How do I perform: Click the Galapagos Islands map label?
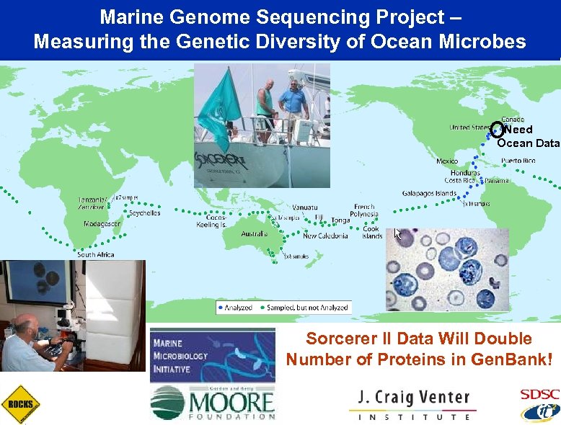(429, 193)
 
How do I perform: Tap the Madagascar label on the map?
(102, 224)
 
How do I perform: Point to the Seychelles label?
(144, 212)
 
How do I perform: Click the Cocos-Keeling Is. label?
(212, 220)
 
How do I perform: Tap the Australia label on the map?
(254, 233)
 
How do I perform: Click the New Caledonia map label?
(325, 236)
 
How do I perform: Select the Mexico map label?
(447, 161)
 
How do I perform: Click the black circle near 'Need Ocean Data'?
(497, 130)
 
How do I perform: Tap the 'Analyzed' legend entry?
(235, 308)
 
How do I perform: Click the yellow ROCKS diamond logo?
(19, 404)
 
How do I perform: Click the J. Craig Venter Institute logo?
(413, 405)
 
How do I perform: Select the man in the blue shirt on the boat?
(293, 105)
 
